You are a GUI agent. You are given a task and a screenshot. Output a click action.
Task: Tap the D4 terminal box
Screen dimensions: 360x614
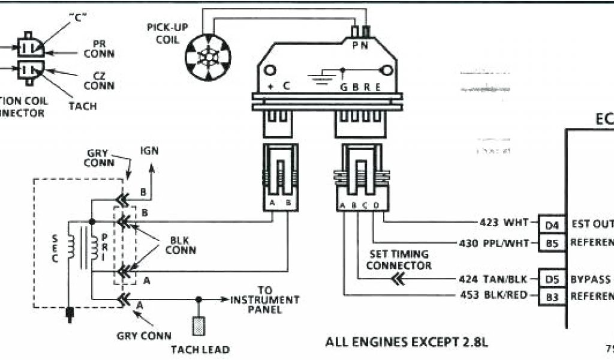point(552,224)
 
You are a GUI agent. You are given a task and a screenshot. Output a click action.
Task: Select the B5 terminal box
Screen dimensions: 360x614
point(552,243)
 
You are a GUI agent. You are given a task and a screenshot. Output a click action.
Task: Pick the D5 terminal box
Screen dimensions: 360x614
point(552,280)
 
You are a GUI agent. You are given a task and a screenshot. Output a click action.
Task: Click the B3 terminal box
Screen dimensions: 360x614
point(552,296)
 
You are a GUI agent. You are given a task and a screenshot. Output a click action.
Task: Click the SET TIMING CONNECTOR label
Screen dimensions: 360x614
point(399,259)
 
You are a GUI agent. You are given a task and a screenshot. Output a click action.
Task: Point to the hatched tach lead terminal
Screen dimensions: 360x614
point(198,325)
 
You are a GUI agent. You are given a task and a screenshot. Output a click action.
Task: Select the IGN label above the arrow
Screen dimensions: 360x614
point(149,151)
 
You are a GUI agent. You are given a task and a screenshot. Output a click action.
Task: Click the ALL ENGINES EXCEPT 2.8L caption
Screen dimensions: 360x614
point(407,343)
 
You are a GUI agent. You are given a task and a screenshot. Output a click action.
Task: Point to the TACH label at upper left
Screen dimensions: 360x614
point(82,106)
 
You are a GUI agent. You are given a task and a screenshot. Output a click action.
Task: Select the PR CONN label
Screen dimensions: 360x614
point(99,49)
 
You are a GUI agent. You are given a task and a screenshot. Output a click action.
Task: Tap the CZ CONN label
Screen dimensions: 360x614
point(99,81)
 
